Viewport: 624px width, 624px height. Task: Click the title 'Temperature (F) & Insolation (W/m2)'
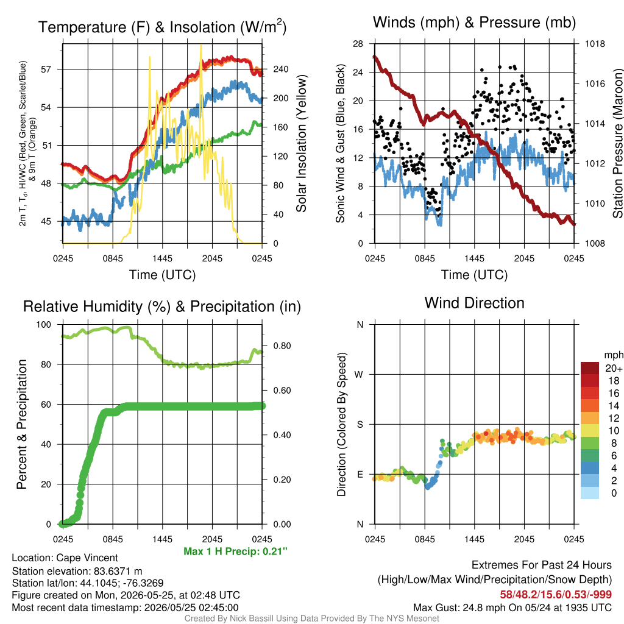162,27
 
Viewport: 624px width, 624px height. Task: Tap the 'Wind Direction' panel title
474,303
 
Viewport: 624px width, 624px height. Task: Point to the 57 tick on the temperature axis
46,69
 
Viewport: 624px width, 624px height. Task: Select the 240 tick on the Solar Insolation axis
281,69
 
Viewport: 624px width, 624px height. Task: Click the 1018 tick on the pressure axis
595,44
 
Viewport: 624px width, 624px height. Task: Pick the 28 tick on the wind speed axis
358,44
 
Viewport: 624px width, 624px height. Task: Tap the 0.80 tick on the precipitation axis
282,346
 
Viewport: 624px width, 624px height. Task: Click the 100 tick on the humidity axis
44,325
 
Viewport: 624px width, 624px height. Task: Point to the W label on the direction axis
359,375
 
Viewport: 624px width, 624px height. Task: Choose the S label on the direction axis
360,425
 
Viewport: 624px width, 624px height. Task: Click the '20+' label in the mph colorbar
614,369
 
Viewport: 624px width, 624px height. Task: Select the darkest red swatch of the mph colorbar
590,368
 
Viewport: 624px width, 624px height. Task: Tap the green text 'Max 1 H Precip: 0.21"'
236,551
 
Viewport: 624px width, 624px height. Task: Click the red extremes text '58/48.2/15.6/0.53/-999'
556,595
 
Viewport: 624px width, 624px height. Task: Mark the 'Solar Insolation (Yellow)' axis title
301,143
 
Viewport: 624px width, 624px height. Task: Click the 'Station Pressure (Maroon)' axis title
618,143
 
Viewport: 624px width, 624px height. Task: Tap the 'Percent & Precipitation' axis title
21,424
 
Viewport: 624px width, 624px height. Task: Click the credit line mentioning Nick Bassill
311,619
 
